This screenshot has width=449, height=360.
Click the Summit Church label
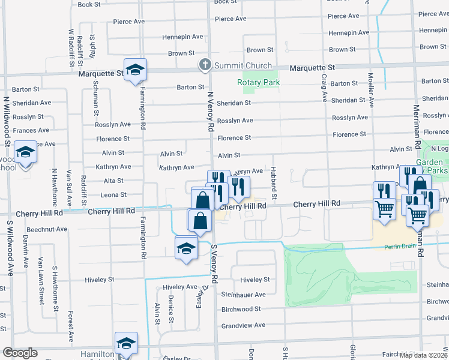(x=242, y=65)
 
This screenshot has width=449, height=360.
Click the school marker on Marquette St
(x=136, y=71)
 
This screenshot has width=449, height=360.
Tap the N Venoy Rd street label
(x=211, y=112)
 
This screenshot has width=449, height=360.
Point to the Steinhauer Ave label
(x=243, y=295)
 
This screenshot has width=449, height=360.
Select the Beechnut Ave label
(x=47, y=229)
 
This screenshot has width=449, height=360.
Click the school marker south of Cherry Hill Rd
(x=187, y=249)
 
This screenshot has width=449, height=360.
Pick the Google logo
(x=20, y=353)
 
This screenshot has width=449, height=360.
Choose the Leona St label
(x=113, y=195)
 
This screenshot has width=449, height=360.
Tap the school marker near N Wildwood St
(x=26, y=154)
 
